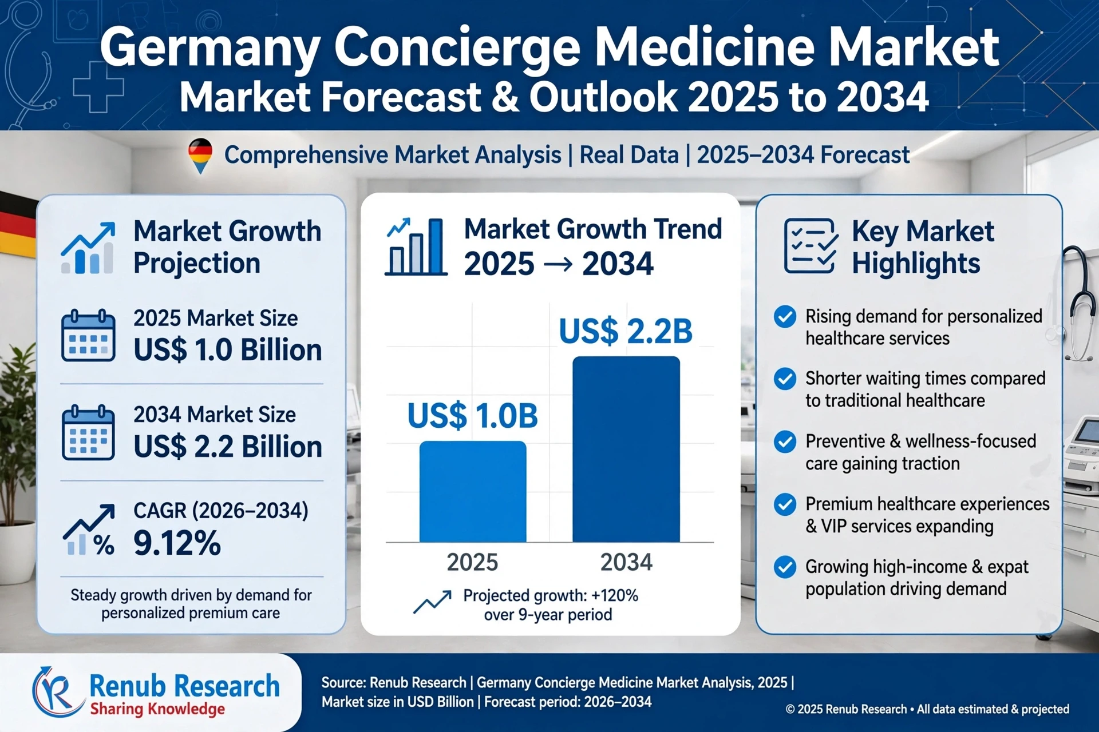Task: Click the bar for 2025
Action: pos(473,491)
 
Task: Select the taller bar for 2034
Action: pos(626,449)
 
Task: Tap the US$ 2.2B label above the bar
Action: pos(626,331)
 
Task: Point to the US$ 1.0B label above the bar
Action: pos(473,416)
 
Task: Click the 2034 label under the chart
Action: pos(626,562)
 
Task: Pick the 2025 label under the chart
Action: pos(472,562)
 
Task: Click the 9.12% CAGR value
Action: pos(177,543)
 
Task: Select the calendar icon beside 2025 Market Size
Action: pos(88,335)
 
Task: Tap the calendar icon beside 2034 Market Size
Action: pos(88,432)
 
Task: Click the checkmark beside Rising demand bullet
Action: pos(785,316)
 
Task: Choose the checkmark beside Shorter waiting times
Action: pos(785,379)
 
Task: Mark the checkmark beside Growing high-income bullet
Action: pos(785,567)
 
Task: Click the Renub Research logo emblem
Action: pos(56,692)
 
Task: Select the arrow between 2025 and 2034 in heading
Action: pos(558,264)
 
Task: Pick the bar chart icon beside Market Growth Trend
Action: pos(416,246)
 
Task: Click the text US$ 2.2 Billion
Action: pos(228,447)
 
